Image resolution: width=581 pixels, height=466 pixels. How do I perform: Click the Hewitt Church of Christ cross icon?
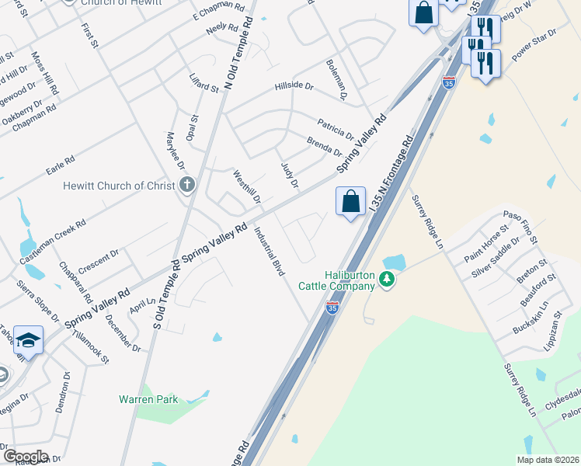pyautogui.click(x=186, y=186)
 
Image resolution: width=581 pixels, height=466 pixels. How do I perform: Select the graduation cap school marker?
pyautogui.click(x=28, y=341)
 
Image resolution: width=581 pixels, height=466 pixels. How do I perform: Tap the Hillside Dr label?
pyautogui.click(x=294, y=87)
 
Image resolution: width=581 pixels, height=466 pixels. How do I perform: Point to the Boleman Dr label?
pyautogui.click(x=336, y=78)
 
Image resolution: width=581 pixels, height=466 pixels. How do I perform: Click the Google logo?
pyautogui.click(x=25, y=457)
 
